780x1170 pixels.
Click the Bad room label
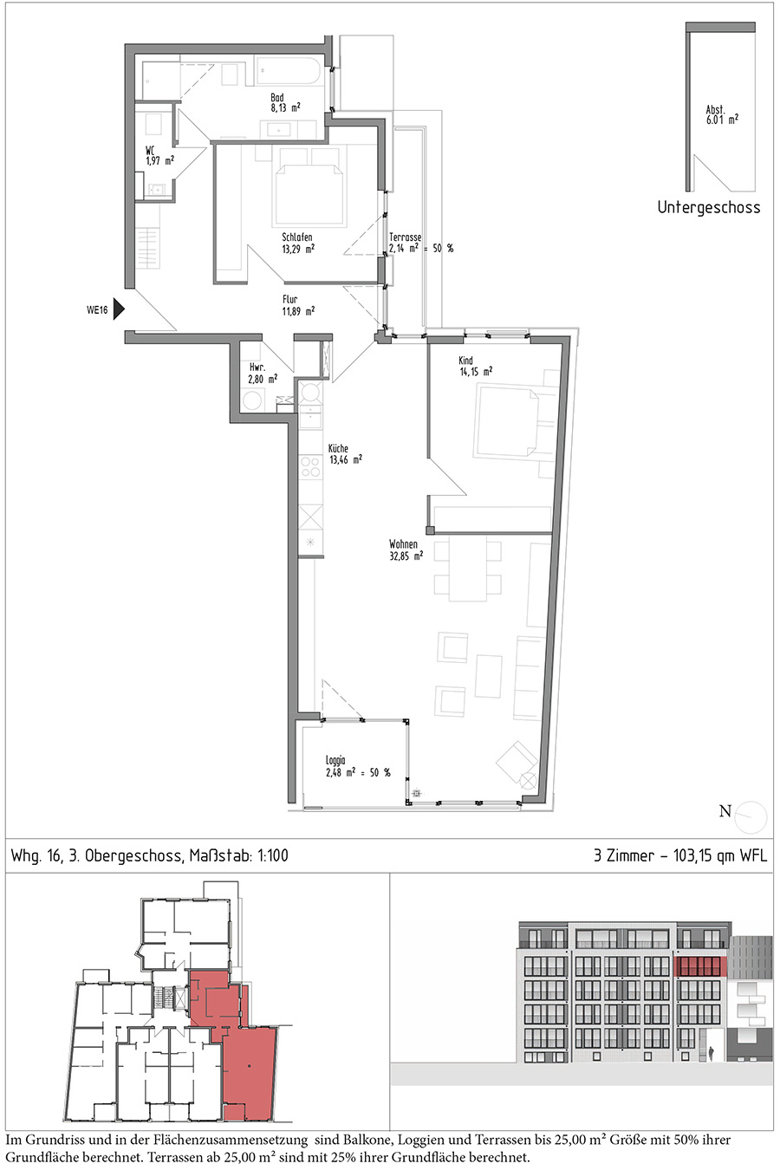(x=276, y=98)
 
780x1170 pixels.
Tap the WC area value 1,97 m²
(x=159, y=161)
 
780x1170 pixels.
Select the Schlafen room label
(x=297, y=237)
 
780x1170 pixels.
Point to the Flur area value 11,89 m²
(x=298, y=311)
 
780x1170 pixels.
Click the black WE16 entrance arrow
(x=119, y=309)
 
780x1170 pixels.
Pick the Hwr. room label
(x=257, y=367)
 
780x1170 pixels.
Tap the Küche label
(x=338, y=448)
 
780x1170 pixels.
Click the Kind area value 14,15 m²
(x=476, y=372)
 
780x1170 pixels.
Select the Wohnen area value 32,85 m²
(x=406, y=556)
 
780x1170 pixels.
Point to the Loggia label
(x=335, y=761)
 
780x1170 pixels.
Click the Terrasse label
(x=405, y=237)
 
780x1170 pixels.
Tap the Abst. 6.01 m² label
(x=722, y=114)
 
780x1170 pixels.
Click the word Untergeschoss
(x=709, y=207)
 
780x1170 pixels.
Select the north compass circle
(x=751, y=817)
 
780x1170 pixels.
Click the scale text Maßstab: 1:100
(x=238, y=855)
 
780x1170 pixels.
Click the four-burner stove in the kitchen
(x=310, y=467)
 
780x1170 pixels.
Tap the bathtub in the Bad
(x=288, y=72)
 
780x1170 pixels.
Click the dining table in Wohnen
(x=468, y=571)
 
